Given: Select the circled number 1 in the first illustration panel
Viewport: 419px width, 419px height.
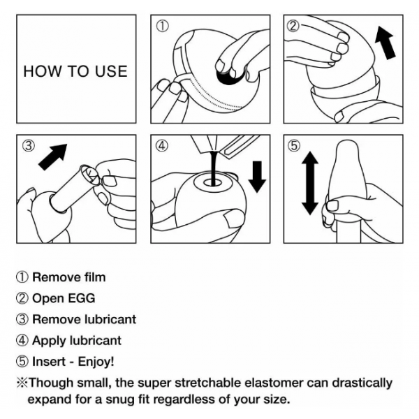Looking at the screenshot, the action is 163,27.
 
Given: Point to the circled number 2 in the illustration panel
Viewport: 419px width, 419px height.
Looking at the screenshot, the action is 293,27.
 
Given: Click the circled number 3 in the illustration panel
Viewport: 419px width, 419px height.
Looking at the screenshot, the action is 29,146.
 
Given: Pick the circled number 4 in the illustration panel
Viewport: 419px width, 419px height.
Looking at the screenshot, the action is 162,146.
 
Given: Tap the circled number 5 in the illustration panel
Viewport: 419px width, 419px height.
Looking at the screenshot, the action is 294,146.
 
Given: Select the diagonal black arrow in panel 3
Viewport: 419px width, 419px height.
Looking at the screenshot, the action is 53,157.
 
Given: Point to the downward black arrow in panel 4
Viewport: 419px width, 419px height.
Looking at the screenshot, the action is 257,177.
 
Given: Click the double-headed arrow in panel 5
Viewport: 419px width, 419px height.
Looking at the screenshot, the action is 310,183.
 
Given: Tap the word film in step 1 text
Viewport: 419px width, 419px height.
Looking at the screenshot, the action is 95,277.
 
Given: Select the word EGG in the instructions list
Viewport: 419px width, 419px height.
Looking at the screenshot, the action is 82,298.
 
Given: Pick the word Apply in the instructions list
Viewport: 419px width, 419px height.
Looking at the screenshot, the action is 49,341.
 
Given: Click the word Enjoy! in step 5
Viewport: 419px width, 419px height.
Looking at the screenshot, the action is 96,362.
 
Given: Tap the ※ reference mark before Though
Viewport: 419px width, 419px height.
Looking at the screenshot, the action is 22,383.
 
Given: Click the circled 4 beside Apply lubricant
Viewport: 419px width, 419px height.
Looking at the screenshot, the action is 22,341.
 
